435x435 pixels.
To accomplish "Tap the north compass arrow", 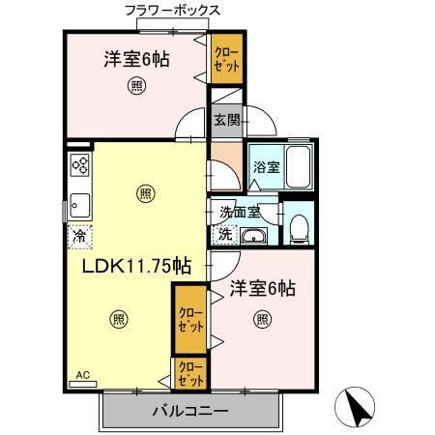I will pyautogui.click(x=360, y=406).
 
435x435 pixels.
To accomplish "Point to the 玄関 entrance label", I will pyautogui.click(x=226, y=120).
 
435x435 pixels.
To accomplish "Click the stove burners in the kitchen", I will pyautogui.click(x=78, y=165).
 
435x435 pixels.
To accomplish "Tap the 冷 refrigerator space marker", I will pyautogui.click(x=77, y=234).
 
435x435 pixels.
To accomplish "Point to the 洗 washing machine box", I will pyautogui.click(x=224, y=234).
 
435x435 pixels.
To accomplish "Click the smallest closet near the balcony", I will pyautogui.click(x=189, y=372).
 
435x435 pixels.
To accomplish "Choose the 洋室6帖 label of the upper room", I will pyautogui.click(x=137, y=60).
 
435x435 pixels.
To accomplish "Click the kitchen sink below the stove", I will pyautogui.click(x=78, y=204).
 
